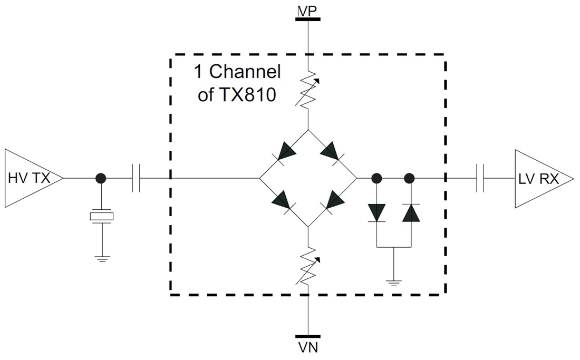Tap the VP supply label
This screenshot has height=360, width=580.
click(307, 10)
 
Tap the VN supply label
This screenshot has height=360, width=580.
click(307, 348)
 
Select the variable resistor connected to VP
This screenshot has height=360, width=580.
click(308, 90)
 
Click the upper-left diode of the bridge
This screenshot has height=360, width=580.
click(285, 152)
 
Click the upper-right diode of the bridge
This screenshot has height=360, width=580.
click(332, 152)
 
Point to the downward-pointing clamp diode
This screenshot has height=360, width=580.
click(377, 212)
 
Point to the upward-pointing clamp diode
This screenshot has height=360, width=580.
click(410, 212)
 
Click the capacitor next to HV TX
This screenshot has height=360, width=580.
click(136, 178)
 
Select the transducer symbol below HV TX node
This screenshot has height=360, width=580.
click(101, 216)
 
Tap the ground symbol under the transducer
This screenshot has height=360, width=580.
click(101, 258)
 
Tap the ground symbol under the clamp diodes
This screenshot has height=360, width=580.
click(393, 283)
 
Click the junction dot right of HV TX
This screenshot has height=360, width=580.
click(101, 178)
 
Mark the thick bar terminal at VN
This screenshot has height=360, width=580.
click(307, 336)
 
